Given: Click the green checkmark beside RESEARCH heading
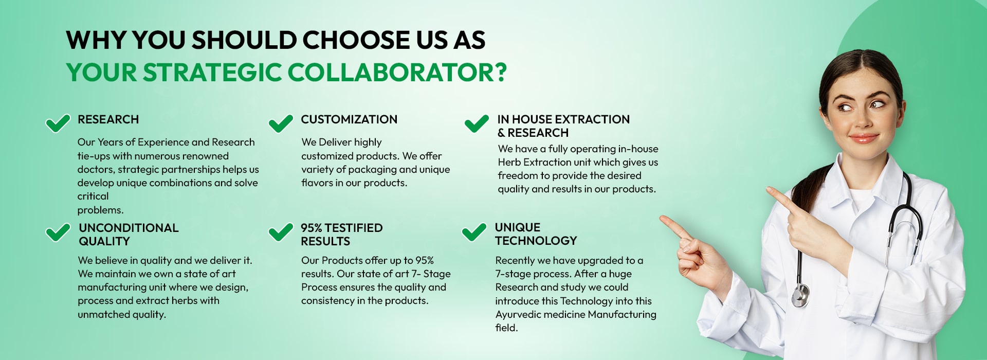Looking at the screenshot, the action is (58, 123).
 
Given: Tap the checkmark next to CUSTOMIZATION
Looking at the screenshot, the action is (281, 123).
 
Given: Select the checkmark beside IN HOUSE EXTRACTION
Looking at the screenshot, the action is (477, 123).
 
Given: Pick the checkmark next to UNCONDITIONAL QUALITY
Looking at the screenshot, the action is (58, 232).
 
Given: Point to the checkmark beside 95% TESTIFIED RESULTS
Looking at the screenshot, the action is (281, 232).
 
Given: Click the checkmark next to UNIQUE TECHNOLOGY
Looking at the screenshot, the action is (474, 232).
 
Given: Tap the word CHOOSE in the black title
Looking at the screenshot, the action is (356, 40).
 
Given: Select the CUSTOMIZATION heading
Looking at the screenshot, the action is (349, 119).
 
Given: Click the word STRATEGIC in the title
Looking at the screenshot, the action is (212, 73).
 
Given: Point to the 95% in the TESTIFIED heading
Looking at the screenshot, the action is (311, 228).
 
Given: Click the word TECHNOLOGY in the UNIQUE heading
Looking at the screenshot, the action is (536, 241).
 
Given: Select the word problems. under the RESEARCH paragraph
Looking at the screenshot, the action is (100, 210).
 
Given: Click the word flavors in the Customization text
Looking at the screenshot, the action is (317, 183).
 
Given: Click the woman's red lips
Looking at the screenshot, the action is (863, 138).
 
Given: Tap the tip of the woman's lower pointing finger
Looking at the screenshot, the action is (662, 218).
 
